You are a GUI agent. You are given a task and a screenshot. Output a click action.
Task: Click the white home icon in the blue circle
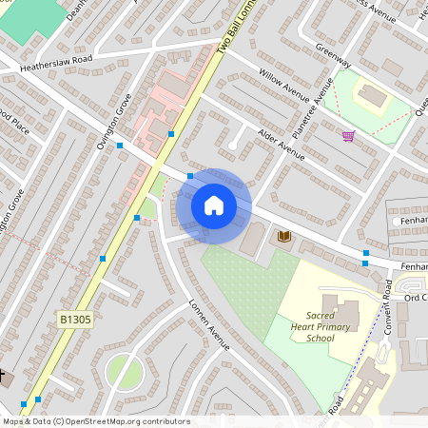click(214, 204)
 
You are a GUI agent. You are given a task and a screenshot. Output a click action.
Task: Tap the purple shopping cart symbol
click(348, 136)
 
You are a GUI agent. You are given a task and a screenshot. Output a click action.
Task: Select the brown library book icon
click(283, 235)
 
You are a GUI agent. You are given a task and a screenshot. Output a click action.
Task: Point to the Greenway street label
click(334, 58)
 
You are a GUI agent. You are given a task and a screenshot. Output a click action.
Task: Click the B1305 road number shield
click(74, 320)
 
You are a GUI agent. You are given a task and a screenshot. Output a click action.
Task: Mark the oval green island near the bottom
click(123, 371)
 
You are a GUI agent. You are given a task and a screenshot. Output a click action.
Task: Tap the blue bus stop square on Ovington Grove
click(120, 146)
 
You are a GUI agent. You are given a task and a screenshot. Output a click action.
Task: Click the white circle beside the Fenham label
click(395, 222)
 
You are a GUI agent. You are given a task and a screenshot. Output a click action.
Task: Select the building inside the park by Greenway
click(371, 96)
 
